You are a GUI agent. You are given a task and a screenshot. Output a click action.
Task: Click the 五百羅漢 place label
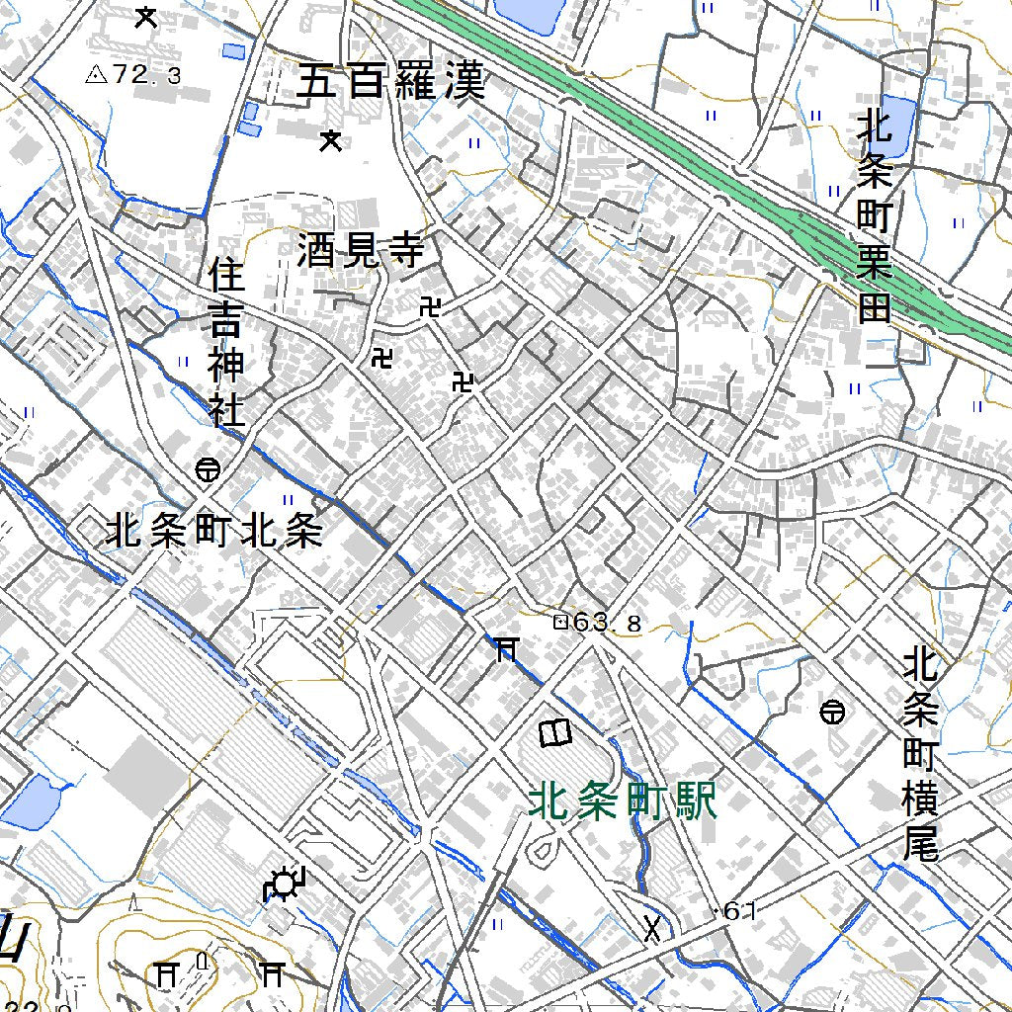click(391, 81)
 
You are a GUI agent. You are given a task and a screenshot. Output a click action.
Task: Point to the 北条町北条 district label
click(214, 534)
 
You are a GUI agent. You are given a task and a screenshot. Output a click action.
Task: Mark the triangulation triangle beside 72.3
click(96, 74)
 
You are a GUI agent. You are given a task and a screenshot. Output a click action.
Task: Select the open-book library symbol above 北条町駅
click(555, 733)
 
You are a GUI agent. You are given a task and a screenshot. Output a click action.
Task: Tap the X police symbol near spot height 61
click(652, 928)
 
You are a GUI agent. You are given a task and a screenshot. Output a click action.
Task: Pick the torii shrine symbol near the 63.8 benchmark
click(505, 648)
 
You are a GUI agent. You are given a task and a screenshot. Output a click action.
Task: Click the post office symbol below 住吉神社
click(208, 470)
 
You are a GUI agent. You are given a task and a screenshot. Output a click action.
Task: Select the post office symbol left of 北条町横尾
click(832, 711)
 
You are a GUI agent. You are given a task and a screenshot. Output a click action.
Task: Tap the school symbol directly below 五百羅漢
click(331, 141)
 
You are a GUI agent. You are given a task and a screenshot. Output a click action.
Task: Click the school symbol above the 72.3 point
click(146, 16)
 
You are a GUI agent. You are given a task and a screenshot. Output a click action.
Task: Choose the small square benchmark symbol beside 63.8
click(560, 623)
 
